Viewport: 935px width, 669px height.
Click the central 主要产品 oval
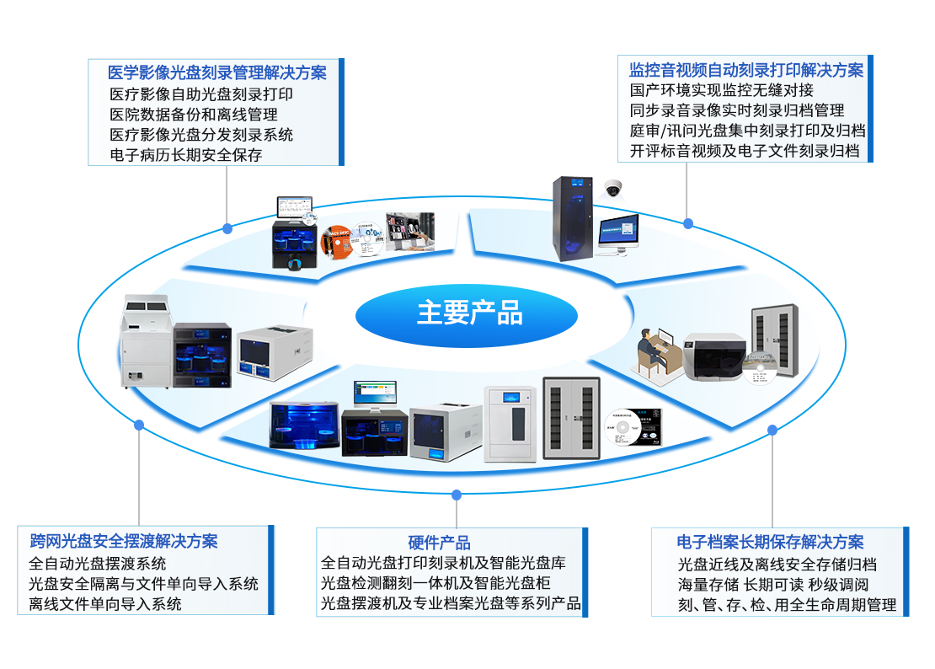click(x=467, y=315)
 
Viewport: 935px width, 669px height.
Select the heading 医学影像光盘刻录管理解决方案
click(x=217, y=72)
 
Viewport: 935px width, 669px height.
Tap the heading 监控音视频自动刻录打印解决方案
click(x=746, y=71)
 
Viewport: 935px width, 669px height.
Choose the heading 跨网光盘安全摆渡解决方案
click(x=124, y=542)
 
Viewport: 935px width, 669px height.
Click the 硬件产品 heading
click(x=440, y=543)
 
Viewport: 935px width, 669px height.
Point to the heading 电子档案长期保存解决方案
click(x=770, y=542)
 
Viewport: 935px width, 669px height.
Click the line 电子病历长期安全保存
click(x=186, y=155)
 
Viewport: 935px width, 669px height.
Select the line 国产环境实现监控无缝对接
click(x=722, y=90)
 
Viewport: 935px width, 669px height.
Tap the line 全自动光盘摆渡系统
click(x=97, y=564)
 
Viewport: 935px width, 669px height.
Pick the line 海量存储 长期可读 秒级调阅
click(x=772, y=585)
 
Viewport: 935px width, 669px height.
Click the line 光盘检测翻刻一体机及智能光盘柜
click(x=435, y=583)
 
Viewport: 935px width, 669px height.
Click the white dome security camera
click(x=613, y=189)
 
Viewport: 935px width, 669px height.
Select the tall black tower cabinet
click(x=572, y=219)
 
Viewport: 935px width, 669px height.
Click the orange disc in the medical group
click(x=336, y=243)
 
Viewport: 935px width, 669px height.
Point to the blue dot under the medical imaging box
click(x=227, y=228)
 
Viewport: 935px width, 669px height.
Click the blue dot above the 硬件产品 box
click(x=457, y=495)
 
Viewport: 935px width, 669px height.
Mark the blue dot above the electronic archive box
click(x=772, y=430)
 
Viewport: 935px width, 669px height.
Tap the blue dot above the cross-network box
click(x=139, y=425)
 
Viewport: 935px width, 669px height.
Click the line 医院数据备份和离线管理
click(x=194, y=115)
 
